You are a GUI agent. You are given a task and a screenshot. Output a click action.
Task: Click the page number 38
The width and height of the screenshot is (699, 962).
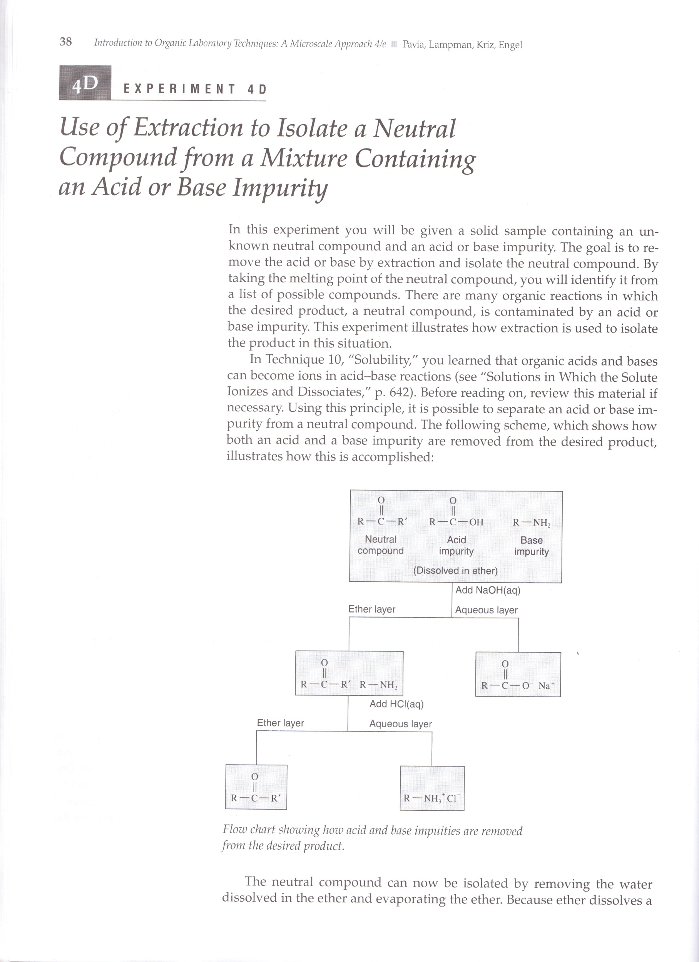click(66, 42)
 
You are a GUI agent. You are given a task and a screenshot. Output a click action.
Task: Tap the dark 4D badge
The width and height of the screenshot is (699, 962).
click(85, 83)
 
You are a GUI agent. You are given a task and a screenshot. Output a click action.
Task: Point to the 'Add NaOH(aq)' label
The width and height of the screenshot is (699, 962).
click(488, 590)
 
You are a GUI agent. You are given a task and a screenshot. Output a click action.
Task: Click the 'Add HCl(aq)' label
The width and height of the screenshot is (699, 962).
click(396, 704)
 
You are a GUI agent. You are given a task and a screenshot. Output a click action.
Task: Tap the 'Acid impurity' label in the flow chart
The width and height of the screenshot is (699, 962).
click(456, 545)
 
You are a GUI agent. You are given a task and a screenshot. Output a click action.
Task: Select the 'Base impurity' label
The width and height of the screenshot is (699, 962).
click(531, 546)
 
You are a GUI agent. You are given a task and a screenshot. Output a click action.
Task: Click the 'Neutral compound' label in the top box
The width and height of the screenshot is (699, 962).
click(381, 544)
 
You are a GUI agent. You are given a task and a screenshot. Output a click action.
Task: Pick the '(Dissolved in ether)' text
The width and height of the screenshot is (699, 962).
click(455, 571)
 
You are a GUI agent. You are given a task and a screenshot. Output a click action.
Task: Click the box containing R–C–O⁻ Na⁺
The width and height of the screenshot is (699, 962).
click(518, 675)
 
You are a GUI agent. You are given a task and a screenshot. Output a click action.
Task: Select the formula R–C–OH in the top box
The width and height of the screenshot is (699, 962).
click(456, 522)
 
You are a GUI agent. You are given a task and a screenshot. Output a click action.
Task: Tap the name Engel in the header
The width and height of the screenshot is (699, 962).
click(510, 45)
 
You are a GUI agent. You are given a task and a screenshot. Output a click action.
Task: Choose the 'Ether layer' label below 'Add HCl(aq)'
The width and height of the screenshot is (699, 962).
click(281, 723)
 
